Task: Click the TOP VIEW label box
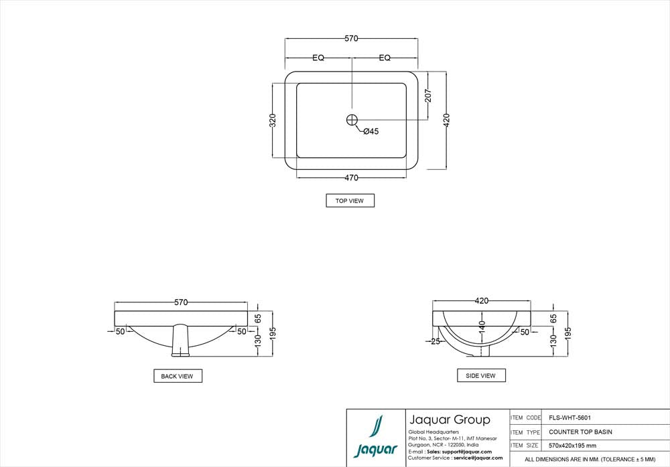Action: point(350,201)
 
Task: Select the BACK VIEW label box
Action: point(178,376)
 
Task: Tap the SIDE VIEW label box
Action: point(481,375)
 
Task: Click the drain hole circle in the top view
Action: point(352,120)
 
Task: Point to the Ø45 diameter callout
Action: point(371,132)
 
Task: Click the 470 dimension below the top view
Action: point(351,178)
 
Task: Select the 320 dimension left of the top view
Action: point(273,120)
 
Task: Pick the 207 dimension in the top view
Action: point(428,96)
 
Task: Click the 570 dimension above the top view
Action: point(351,38)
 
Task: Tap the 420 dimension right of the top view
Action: point(446,120)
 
